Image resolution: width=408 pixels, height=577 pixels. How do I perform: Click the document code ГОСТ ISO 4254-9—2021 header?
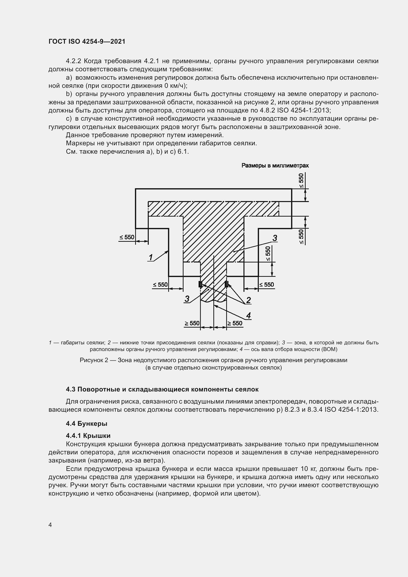(87, 41)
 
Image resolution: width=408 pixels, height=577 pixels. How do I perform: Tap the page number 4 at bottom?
(50, 525)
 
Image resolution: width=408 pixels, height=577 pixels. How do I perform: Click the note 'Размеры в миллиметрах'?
(275, 166)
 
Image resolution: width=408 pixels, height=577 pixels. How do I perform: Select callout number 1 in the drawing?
(151, 257)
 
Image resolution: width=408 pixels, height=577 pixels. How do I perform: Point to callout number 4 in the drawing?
(248, 316)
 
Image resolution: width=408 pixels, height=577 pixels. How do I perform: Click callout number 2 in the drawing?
(248, 300)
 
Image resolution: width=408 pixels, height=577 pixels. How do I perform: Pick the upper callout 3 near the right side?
(275, 238)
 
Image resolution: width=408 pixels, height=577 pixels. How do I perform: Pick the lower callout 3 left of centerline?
(187, 299)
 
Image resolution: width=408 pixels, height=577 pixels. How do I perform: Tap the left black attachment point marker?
(200, 284)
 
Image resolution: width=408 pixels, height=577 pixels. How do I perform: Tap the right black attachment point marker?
(226, 284)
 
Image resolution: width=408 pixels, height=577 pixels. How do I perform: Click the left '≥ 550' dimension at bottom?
(192, 323)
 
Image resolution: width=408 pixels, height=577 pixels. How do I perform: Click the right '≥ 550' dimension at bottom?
(235, 323)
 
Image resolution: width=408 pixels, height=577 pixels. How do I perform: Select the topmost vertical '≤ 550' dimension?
(301, 180)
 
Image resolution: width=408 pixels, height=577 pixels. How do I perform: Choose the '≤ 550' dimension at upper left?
(127, 237)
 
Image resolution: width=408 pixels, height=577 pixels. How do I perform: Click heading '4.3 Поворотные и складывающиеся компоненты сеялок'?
(162, 390)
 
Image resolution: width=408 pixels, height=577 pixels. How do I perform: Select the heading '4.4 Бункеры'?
(86, 424)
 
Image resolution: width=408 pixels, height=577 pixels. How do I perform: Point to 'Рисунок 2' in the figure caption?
(94, 360)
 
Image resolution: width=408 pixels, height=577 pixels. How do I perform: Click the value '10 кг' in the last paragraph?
(309, 469)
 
